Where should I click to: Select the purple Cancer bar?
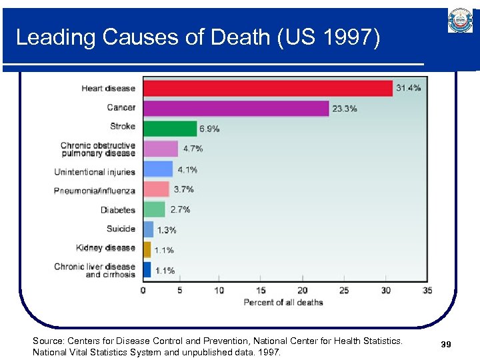[236, 108]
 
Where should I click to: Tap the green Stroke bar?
[170, 128]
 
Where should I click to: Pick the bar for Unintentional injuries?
[158, 169]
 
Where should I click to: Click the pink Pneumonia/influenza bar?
[156, 189]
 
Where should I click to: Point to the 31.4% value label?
[409, 88]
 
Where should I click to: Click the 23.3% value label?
[345, 109]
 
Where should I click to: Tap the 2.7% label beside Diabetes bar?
[180, 209]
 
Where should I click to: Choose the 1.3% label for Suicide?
[167, 230]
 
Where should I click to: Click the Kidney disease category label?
[105, 248]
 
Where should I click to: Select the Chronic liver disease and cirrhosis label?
[95, 270]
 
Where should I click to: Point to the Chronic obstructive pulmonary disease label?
[97, 149]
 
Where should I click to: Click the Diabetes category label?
[118, 210]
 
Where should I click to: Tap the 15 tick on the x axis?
[261, 291]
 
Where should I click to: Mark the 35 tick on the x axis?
[427, 291]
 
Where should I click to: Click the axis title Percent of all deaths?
[283, 303]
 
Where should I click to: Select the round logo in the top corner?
[460, 21]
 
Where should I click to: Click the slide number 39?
[446, 344]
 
